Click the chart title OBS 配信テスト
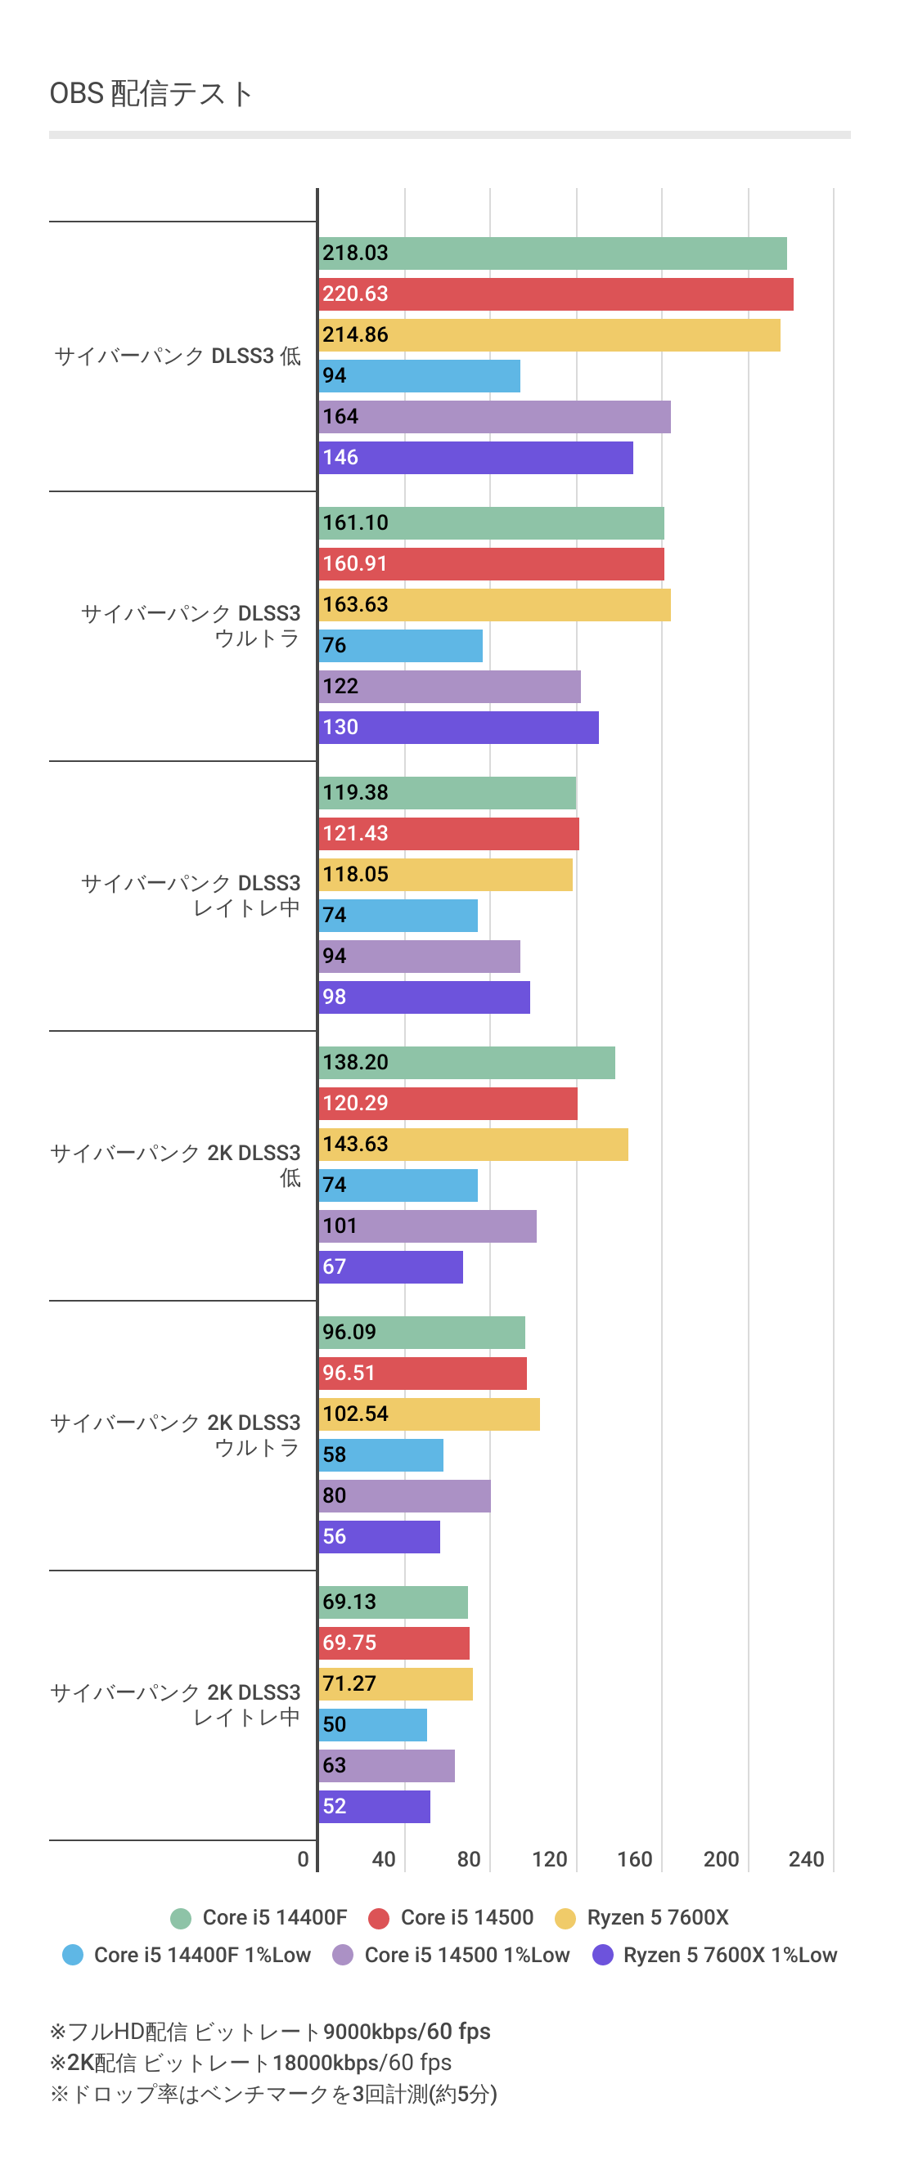coord(151,93)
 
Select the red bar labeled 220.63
coord(556,294)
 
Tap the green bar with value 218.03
coord(552,253)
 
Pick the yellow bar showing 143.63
coord(473,1145)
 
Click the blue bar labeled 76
coord(400,646)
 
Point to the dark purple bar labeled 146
coord(475,458)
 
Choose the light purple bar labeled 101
coord(427,1226)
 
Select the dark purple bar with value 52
coord(374,1806)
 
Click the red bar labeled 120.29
coord(448,1104)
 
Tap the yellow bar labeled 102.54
coord(429,1414)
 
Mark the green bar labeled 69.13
coord(393,1602)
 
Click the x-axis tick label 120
coord(549,1860)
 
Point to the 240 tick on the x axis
coord(806,1860)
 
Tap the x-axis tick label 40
coord(383,1860)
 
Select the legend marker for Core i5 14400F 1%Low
coord(73,1956)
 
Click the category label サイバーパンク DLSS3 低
coord(177,356)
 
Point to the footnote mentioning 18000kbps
coord(250,2063)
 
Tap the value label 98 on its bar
coord(335,997)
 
